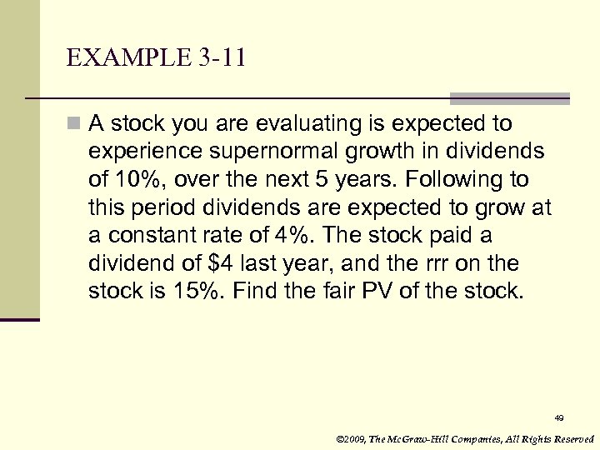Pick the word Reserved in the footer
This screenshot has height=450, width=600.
574,438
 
